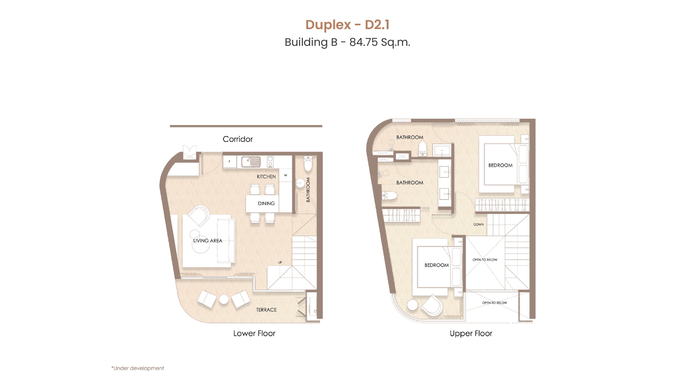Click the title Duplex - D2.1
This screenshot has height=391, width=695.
coord(347,25)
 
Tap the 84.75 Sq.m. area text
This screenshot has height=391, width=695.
coord(380,42)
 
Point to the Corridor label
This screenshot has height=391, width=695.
coord(238,139)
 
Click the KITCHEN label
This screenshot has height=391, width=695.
coord(266,176)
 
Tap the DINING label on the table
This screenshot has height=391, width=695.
coord(266,203)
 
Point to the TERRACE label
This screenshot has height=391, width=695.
coord(266,310)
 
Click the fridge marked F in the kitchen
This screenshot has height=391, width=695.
coord(230,162)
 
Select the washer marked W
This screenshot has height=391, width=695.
coord(285,175)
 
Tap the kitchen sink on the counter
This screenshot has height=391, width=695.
coord(251,162)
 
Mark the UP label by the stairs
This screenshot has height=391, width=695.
coord(280,262)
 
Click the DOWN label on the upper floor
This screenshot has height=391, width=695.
coord(479,224)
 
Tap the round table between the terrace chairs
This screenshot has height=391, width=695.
coord(224,299)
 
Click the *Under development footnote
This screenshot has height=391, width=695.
coord(138,368)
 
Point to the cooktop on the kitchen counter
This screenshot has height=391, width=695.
coord(270,162)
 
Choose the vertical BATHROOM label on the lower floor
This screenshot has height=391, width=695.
coord(308,190)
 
